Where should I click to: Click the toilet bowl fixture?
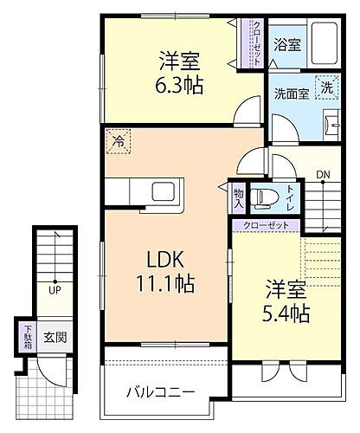[x=264, y=197]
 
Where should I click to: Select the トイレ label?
[x=291, y=197]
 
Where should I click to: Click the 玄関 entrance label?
[x=55, y=338]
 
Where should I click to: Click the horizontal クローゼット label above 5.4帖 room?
[x=266, y=224]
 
